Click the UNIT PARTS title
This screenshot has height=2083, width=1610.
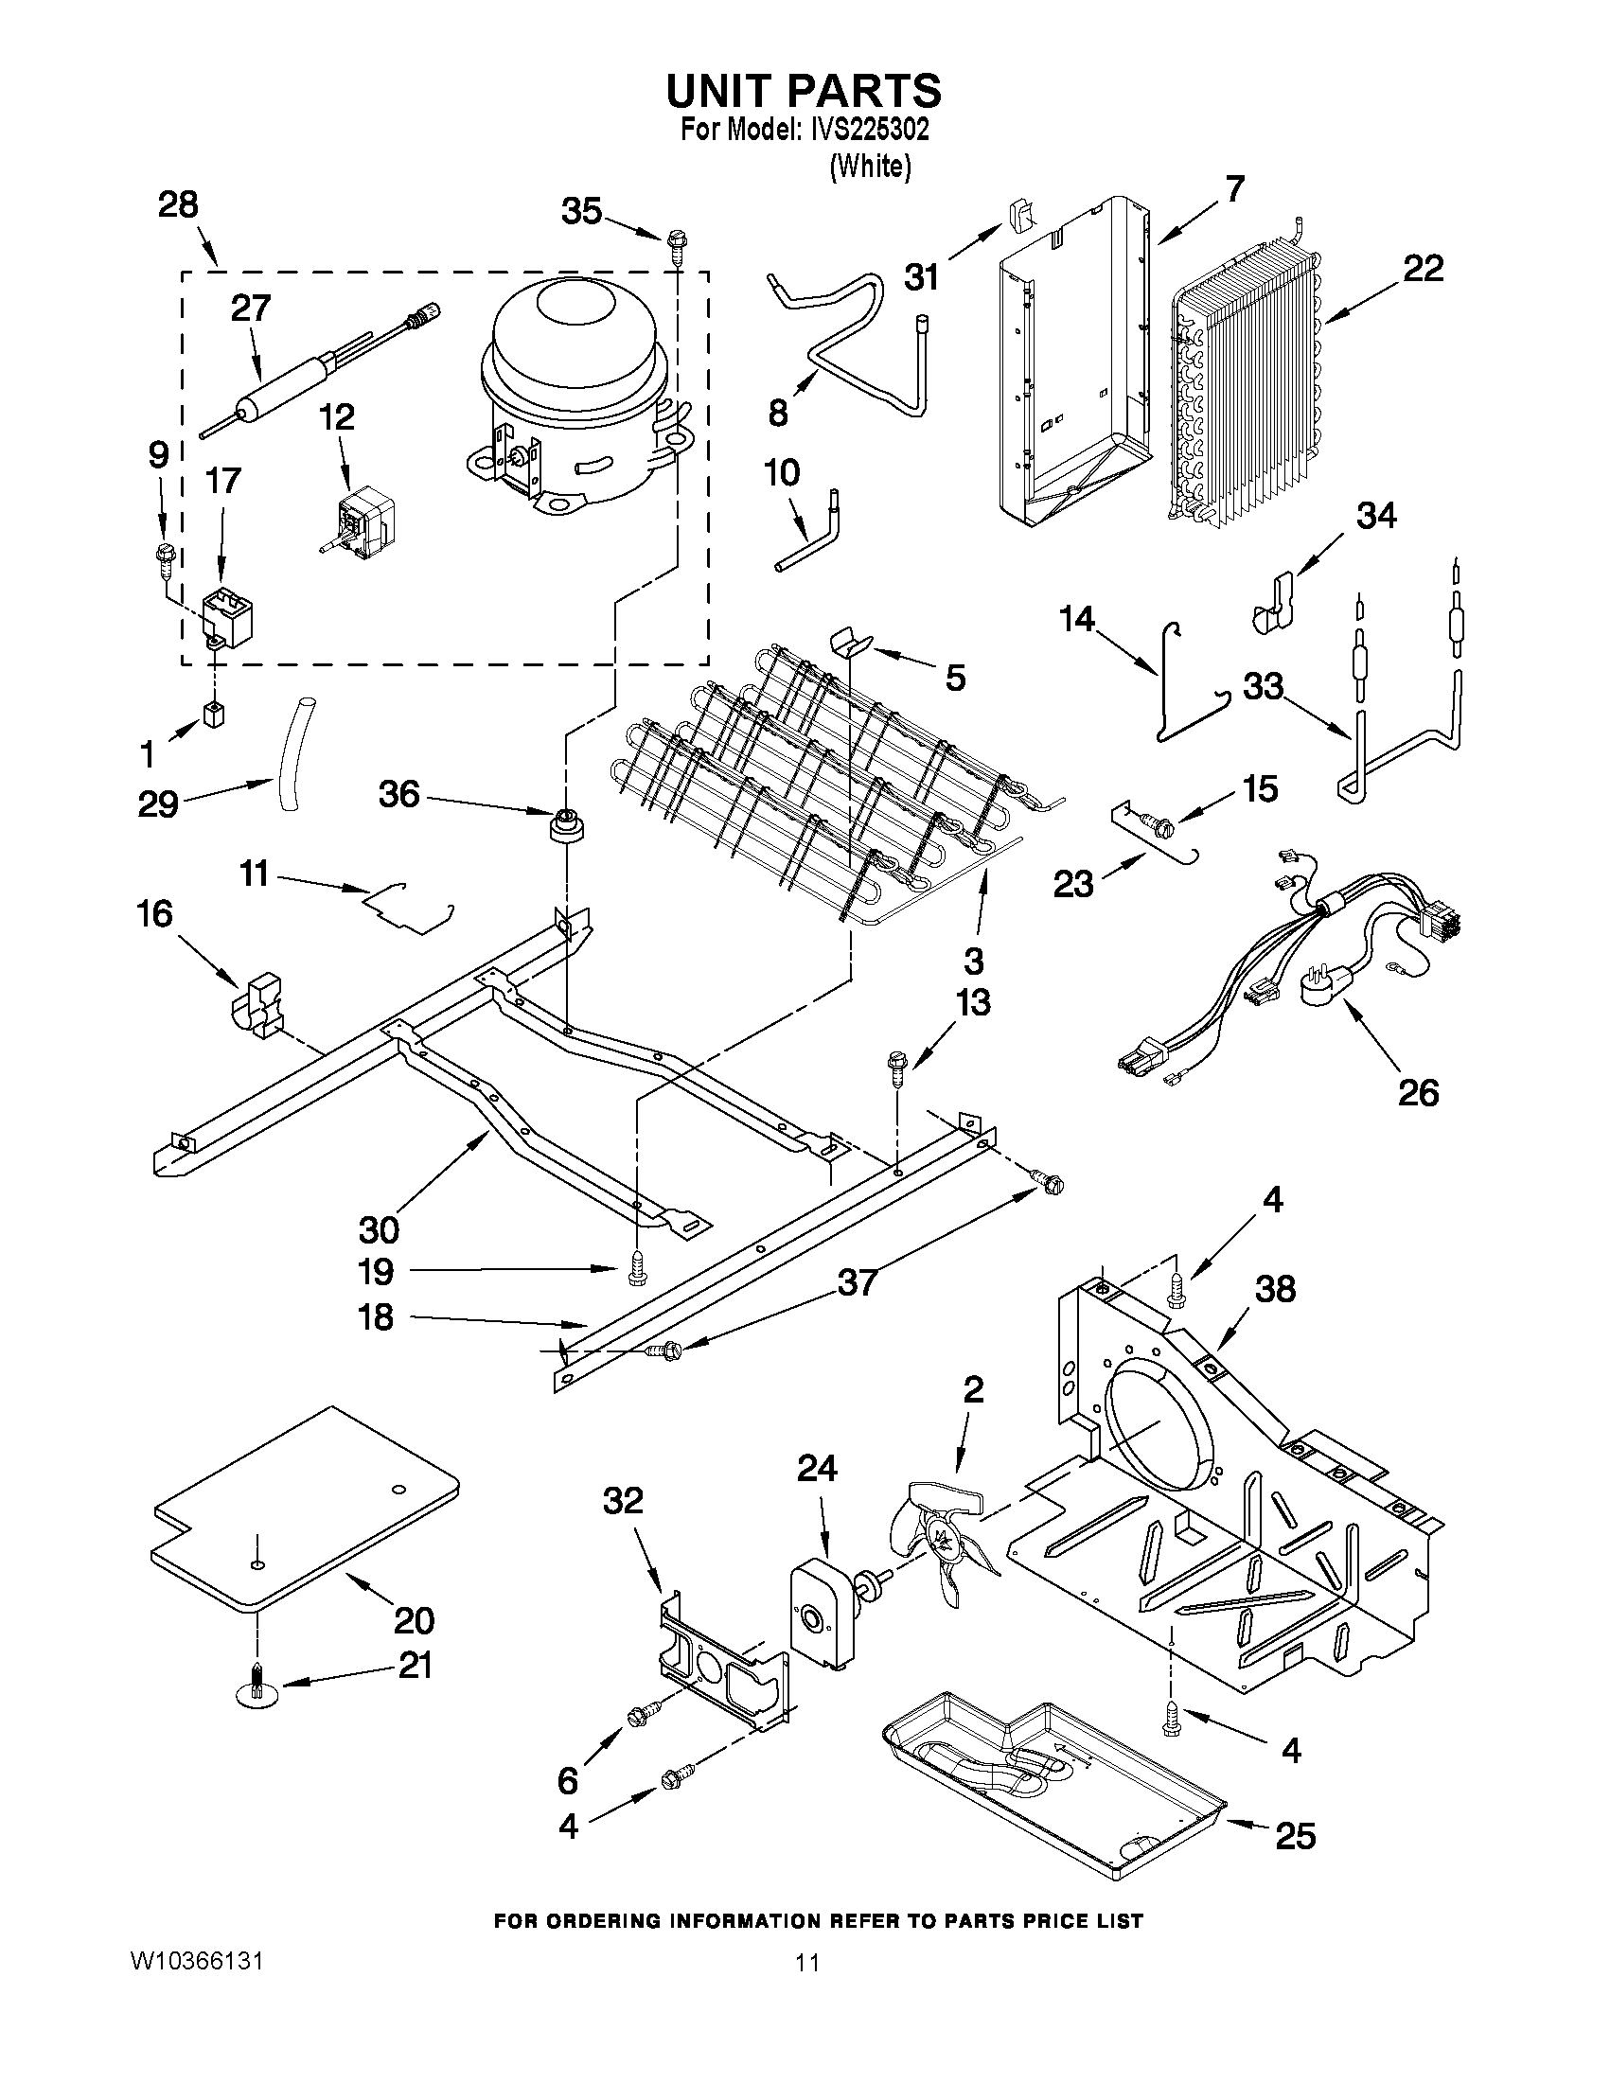pyautogui.click(x=803, y=91)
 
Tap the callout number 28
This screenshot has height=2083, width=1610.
pyautogui.click(x=178, y=204)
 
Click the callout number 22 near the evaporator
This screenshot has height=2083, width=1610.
pyautogui.click(x=1422, y=270)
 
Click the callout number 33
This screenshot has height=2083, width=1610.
pyautogui.click(x=1263, y=686)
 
